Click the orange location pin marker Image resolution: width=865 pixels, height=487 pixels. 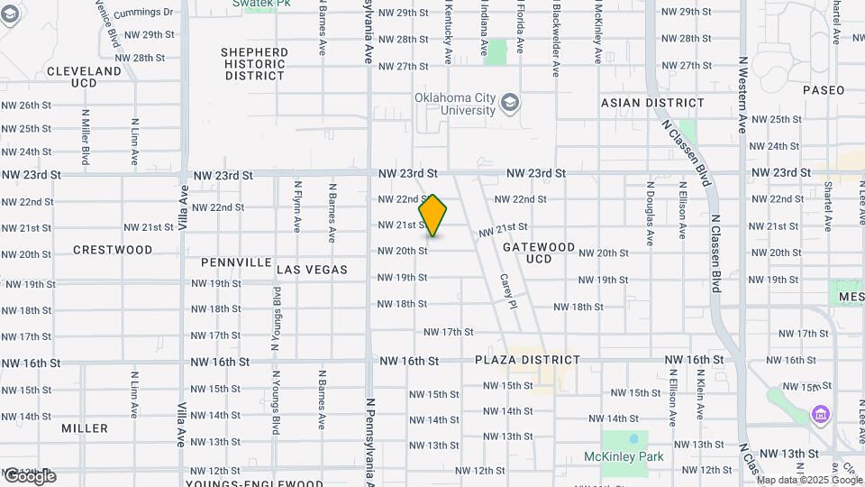coord(432,216)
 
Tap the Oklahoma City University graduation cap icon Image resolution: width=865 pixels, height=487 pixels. coord(511,101)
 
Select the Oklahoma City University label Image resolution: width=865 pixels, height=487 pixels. coord(454,104)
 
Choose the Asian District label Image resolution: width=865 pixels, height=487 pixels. coord(652,103)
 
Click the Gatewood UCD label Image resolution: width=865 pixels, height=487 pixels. coord(539,253)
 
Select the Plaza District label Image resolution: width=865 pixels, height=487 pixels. coord(527,360)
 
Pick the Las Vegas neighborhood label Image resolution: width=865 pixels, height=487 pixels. coord(312,270)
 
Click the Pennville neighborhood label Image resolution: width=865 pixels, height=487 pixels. coord(236,262)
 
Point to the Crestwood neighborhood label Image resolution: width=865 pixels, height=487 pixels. coord(113,249)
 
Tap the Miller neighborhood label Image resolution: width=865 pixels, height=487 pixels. coord(85,428)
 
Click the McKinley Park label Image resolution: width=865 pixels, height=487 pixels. coord(635,457)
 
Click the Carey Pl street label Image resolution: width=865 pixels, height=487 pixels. coord(507,291)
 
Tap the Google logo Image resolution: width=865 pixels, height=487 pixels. coord(29,476)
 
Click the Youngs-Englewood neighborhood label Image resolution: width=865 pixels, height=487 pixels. coord(254,483)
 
